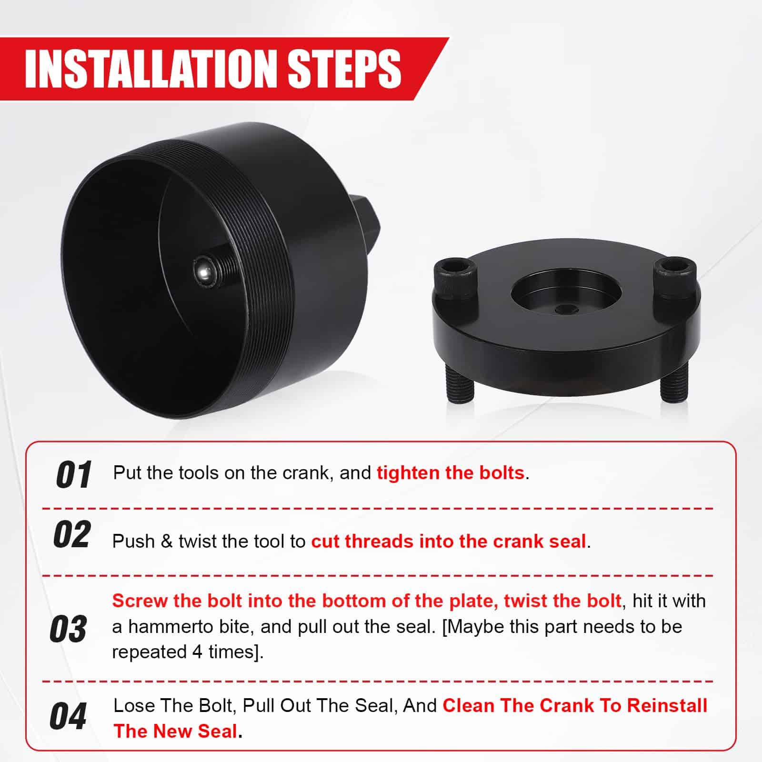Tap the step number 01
click(x=74, y=474)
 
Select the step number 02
click(x=72, y=534)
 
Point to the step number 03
click(x=69, y=629)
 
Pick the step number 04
click(x=68, y=716)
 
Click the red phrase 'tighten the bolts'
click(x=451, y=473)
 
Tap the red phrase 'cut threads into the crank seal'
click(x=449, y=541)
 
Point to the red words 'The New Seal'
click(x=175, y=731)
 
